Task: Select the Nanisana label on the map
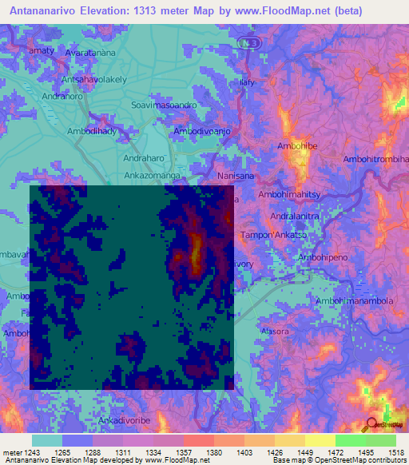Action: (236, 175)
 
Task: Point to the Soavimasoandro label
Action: (163, 105)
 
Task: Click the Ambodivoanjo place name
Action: (202, 130)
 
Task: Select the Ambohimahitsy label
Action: (288, 195)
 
